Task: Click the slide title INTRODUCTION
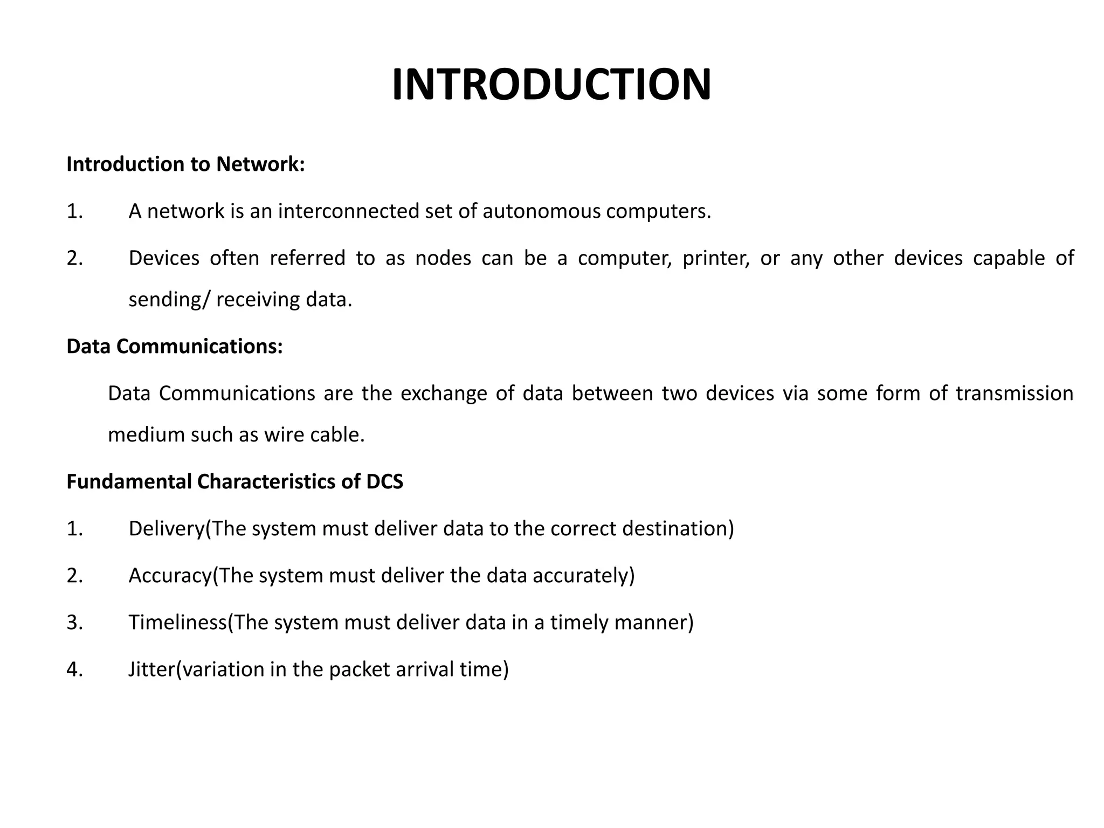[x=551, y=85]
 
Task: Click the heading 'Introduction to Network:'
[x=185, y=164]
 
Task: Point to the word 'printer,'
[x=716, y=258]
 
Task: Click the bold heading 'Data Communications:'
[x=174, y=346]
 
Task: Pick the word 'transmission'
[x=1015, y=394]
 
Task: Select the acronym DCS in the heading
[x=384, y=481]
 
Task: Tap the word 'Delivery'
[x=167, y=529]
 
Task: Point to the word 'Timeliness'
[x=177, y=623]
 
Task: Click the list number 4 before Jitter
[x=74, y=670]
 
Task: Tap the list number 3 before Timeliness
[x=74, y=623]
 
